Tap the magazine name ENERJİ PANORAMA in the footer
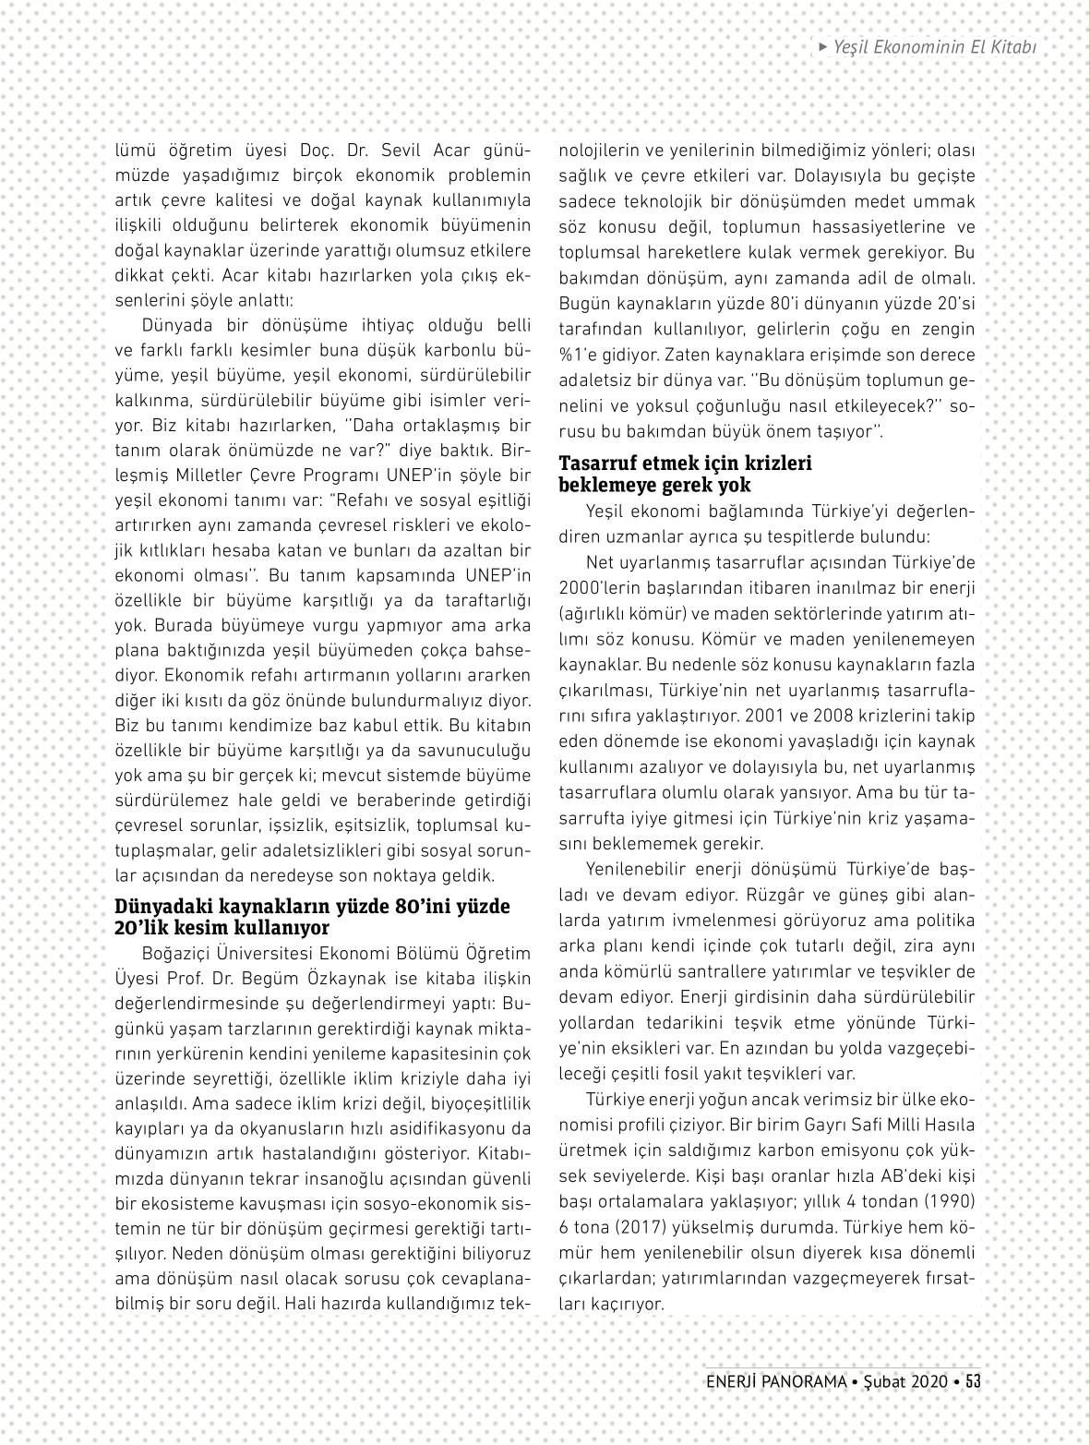776,1382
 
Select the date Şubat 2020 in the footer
905,1382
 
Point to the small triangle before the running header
823,46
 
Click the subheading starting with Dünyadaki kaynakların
312,917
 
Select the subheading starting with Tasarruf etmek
686,474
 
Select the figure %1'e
581,355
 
